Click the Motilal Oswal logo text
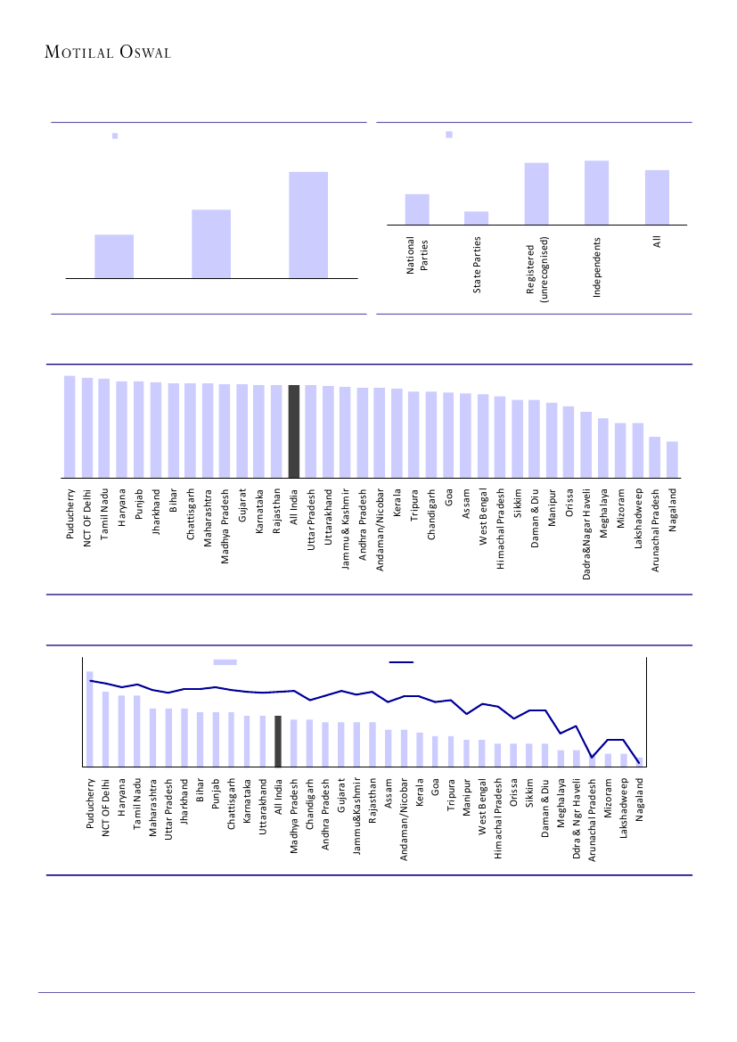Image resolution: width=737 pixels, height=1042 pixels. click(x=108, y=52)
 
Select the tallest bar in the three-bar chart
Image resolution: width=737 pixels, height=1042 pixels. click(x=307, y=225)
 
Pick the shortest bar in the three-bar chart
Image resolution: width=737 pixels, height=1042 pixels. click(x=114, y=257)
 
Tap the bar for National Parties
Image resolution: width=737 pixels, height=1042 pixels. click(x=417, y=209)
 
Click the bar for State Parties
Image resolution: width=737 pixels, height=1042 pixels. click(x=477, y=217)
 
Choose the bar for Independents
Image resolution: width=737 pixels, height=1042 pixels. click(x=596, y=193)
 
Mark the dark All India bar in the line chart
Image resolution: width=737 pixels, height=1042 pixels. click(x=278, y=741)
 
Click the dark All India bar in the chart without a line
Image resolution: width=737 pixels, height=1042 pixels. click(x=294, y=431)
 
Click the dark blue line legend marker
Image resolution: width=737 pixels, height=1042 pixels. click(x=402, y=662)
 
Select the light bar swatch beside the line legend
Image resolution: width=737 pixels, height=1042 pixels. click(x=225, y=662)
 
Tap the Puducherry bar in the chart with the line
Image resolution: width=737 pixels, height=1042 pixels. click(x=89, y=718)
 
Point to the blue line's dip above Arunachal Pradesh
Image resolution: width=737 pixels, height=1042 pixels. click(x=593, y=757)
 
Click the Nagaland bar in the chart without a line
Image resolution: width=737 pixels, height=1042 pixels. click(x=672, y=459)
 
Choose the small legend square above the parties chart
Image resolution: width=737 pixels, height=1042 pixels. click(x=449, y=135)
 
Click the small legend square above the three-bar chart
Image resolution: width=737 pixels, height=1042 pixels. click(x=115, y=136)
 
